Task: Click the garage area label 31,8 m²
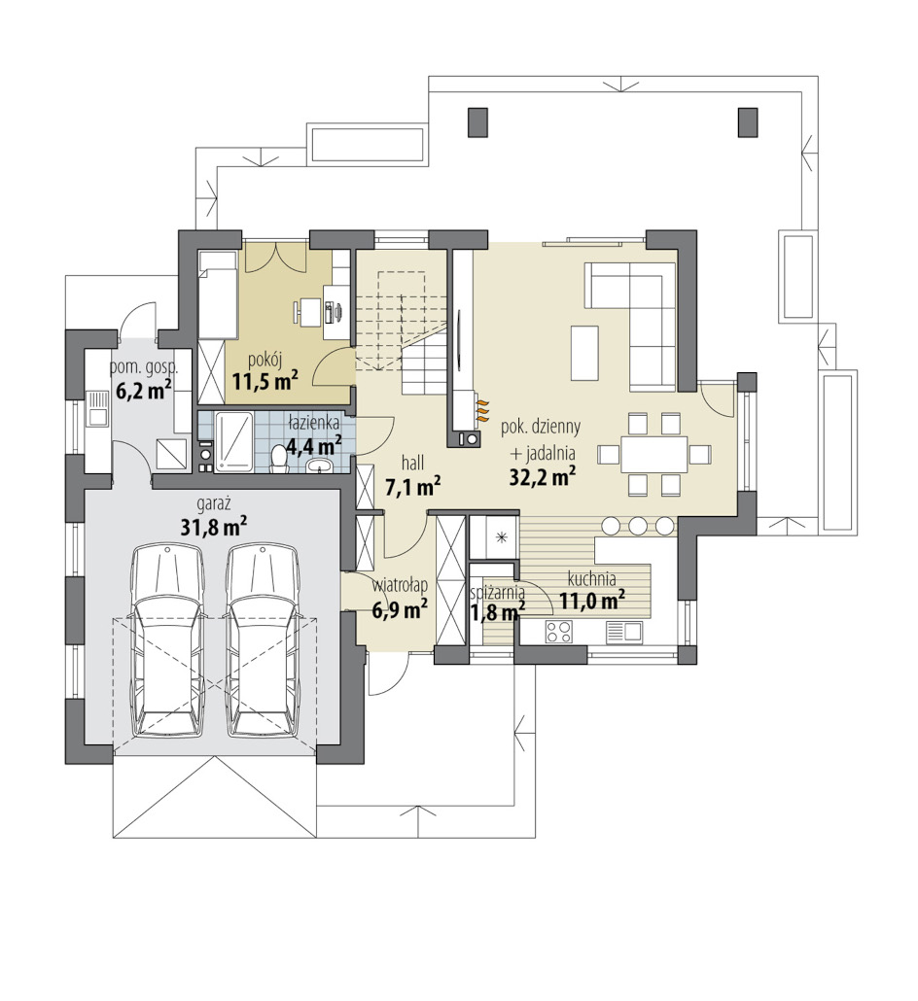coord(213,526)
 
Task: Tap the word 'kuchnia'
coord(591,579)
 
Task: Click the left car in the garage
coord(167,641)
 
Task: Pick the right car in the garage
coord(264,641)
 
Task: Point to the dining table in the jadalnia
coord(654,454)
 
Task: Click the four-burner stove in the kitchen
coord(558,632)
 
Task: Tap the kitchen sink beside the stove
coord(623,632)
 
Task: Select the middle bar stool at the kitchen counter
coord(638,525)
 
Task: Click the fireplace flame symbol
coord(483,408)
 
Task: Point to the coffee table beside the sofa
coord(585,353)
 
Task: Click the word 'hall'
coord(412,463)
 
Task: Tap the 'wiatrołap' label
coord(400,585)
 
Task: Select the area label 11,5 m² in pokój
coord(265,382)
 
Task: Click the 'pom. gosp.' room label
coord(144,368)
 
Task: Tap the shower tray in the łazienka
coord(233,442)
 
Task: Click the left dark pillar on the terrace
coord(477,121)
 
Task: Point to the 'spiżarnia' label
coord(498,593)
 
